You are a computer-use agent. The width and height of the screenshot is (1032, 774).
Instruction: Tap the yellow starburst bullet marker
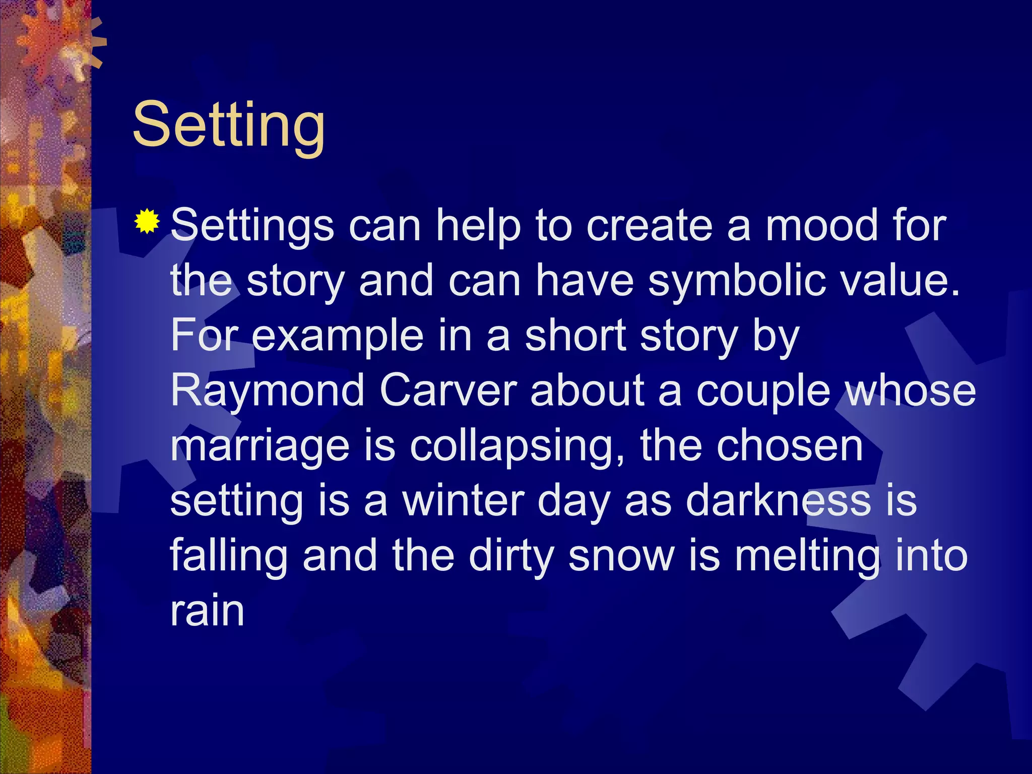[x=147, y=221]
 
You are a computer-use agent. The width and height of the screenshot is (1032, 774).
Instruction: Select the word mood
[x=826, y=225]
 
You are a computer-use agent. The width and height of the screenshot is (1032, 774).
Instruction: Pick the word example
[x=338, y=337]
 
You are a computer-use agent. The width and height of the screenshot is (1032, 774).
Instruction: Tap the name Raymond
[x=268, y=391]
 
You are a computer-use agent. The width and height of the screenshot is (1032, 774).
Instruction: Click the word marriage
[x=260, y=446]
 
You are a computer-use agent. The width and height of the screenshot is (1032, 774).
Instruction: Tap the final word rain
[x=207, y=611]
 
